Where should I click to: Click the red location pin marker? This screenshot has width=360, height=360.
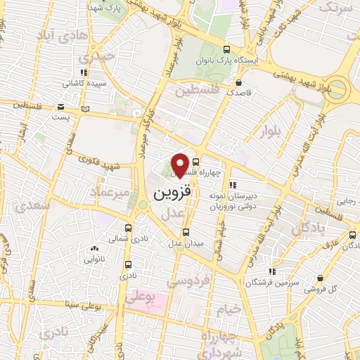click(180, 165)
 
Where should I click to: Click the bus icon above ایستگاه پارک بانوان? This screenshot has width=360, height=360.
click(226, 50)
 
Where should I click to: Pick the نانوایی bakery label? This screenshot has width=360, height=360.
click(95, 259)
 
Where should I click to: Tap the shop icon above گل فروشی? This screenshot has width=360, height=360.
click(321, 278)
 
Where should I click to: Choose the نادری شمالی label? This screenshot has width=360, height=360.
click(127, 239)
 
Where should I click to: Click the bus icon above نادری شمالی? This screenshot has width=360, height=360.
click(128, 228)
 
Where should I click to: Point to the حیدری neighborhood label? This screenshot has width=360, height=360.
click(96, 56)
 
